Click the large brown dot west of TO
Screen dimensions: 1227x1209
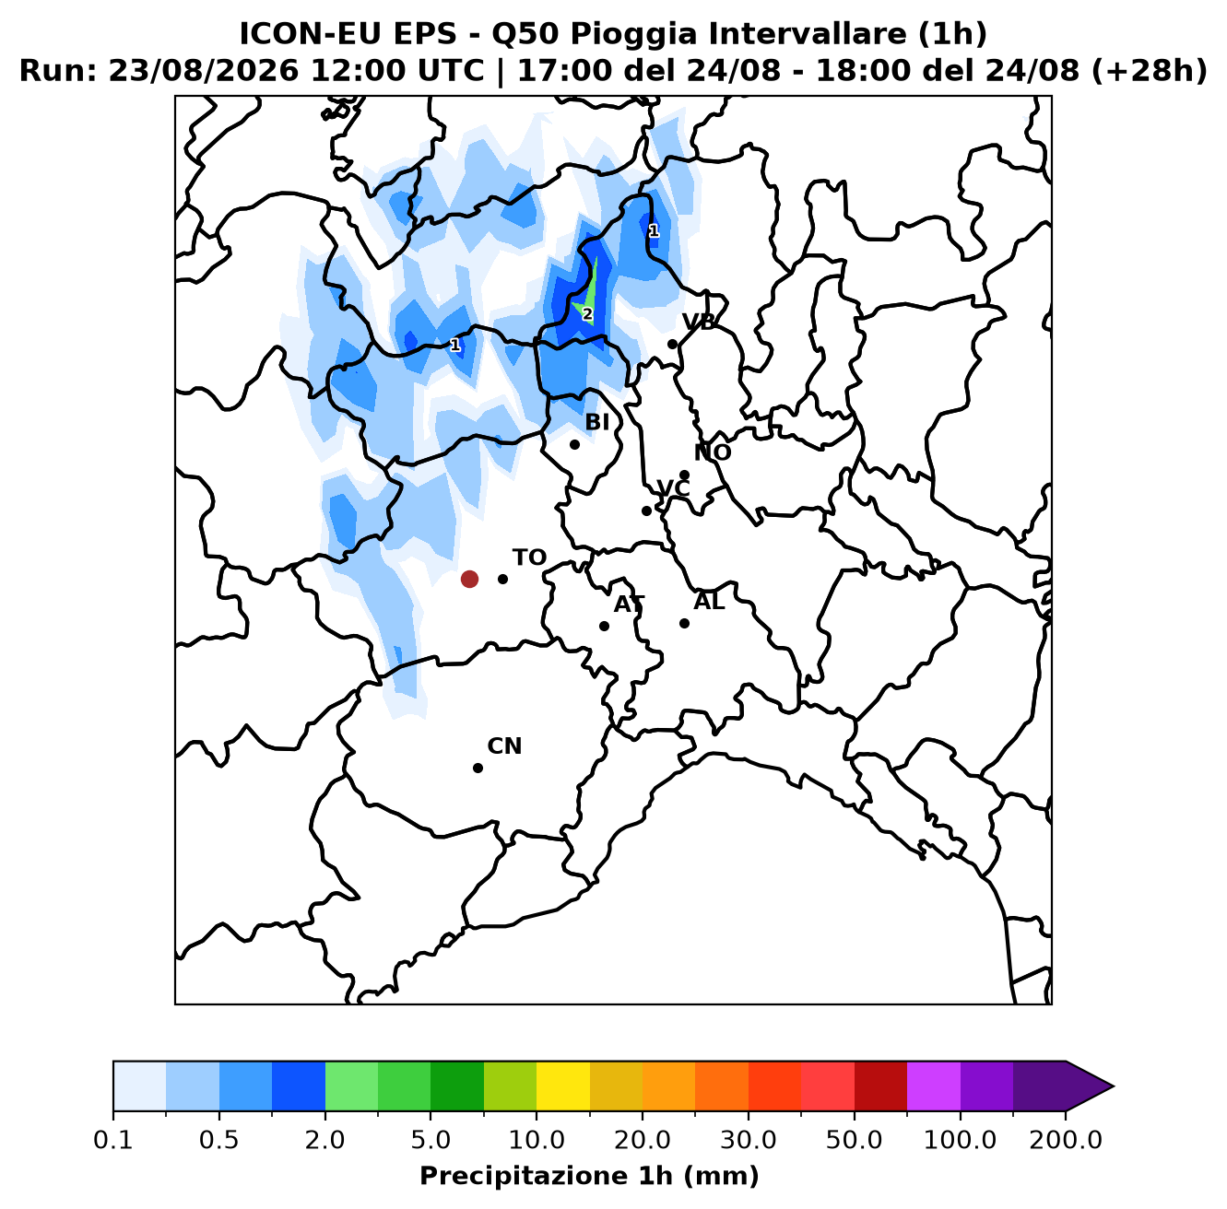469,579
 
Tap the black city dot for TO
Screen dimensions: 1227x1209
502,579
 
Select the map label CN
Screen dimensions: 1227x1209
504,745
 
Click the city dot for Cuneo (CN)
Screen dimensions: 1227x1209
478,768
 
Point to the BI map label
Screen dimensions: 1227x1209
596,421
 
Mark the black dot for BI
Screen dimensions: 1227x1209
574,444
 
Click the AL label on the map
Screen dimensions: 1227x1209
709,601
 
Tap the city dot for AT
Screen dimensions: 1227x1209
604,626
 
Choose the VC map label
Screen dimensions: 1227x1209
673,487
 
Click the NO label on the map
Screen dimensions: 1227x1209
712,452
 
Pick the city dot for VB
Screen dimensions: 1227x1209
672,344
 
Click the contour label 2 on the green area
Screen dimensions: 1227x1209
587,314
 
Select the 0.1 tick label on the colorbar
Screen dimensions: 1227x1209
112,1140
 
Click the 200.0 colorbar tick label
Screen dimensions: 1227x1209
1065,1140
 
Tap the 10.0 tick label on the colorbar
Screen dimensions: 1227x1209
537,1140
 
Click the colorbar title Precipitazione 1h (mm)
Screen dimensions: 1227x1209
589,1175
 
